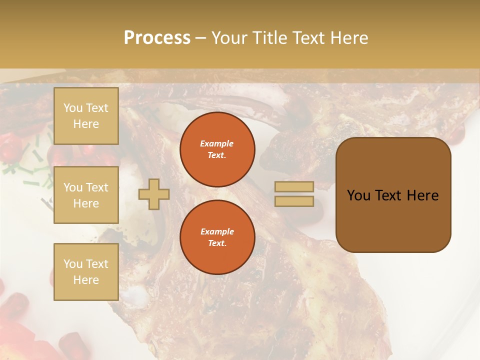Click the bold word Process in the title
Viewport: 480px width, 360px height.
pos(157,38)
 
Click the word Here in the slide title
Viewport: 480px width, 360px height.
pos(347,38)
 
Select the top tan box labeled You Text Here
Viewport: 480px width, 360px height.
pos(86,116)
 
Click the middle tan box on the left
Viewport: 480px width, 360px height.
pos(86,195)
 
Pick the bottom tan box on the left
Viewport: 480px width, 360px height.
pos(86,272)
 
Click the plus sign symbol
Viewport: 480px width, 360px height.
pos(154,194)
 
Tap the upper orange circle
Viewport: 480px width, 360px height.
pos(217,149)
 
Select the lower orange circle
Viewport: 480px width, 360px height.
pos(217,237)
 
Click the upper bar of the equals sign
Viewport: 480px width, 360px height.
pos(294,186)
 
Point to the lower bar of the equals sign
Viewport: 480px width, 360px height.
pos(294,201)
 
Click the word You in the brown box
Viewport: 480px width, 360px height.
pos(358,195)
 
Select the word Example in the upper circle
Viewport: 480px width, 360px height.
pos(217,143)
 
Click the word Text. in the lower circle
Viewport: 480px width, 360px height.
pos(217,243)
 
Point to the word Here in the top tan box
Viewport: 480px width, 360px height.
pos(86,124)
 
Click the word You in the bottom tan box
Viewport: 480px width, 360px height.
pos(73,264)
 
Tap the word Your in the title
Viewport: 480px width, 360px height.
pos(231,38)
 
